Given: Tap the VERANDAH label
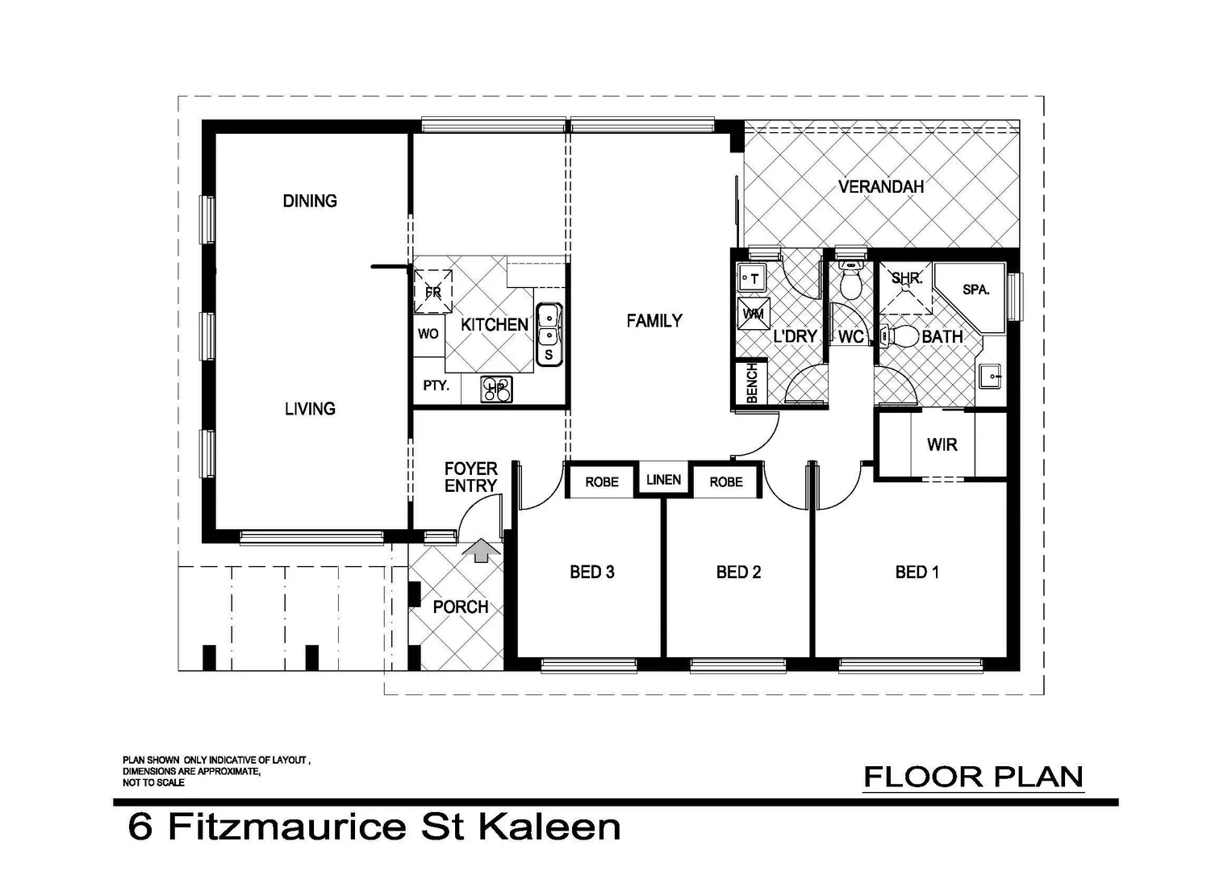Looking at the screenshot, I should pyautogui.click(x=880, y=187).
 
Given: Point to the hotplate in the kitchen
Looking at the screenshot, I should pyautogui.click(x=496, y=390).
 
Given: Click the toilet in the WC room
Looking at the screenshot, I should pyautogui.click(x=850, y=281).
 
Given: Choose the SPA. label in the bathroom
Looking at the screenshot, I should pyautogui.click(x=975, y=290).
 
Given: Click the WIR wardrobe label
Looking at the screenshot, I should pyautogui.click(x=942, y=444).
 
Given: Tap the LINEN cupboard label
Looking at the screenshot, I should pyautogui.click(x=663, y=480).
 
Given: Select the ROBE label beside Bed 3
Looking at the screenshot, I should pyautogui.click(x=602, y=482).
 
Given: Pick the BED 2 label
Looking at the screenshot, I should pyautogui.click(x=738, y=573).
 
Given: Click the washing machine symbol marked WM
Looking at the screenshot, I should pyautogui.click(x=754, y=313).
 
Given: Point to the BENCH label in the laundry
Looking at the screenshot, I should pyautogui.click(x=752, y=384).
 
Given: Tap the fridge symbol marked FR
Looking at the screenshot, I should pyautogui.click(x=433, y=292).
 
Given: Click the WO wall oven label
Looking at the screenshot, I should pyautogui.click(x=428, y=334).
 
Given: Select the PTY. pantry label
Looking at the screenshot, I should pyautogui.click(x=436, y=386).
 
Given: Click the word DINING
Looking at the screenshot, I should pyautogui.click(x=310, y=201).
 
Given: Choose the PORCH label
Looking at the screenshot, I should pyautogui.click(x=460, y=607).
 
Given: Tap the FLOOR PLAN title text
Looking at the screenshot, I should pyautogui.click(x=973, y=777).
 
